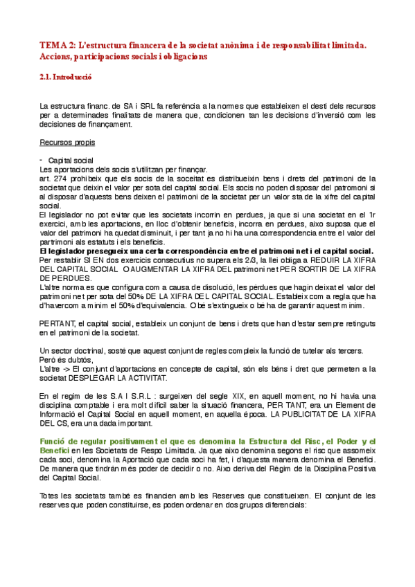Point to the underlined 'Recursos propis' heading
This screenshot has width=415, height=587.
click(68, 143)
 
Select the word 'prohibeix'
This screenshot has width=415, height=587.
click(87, 178)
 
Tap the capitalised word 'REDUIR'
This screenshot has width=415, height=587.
click(307, 260)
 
